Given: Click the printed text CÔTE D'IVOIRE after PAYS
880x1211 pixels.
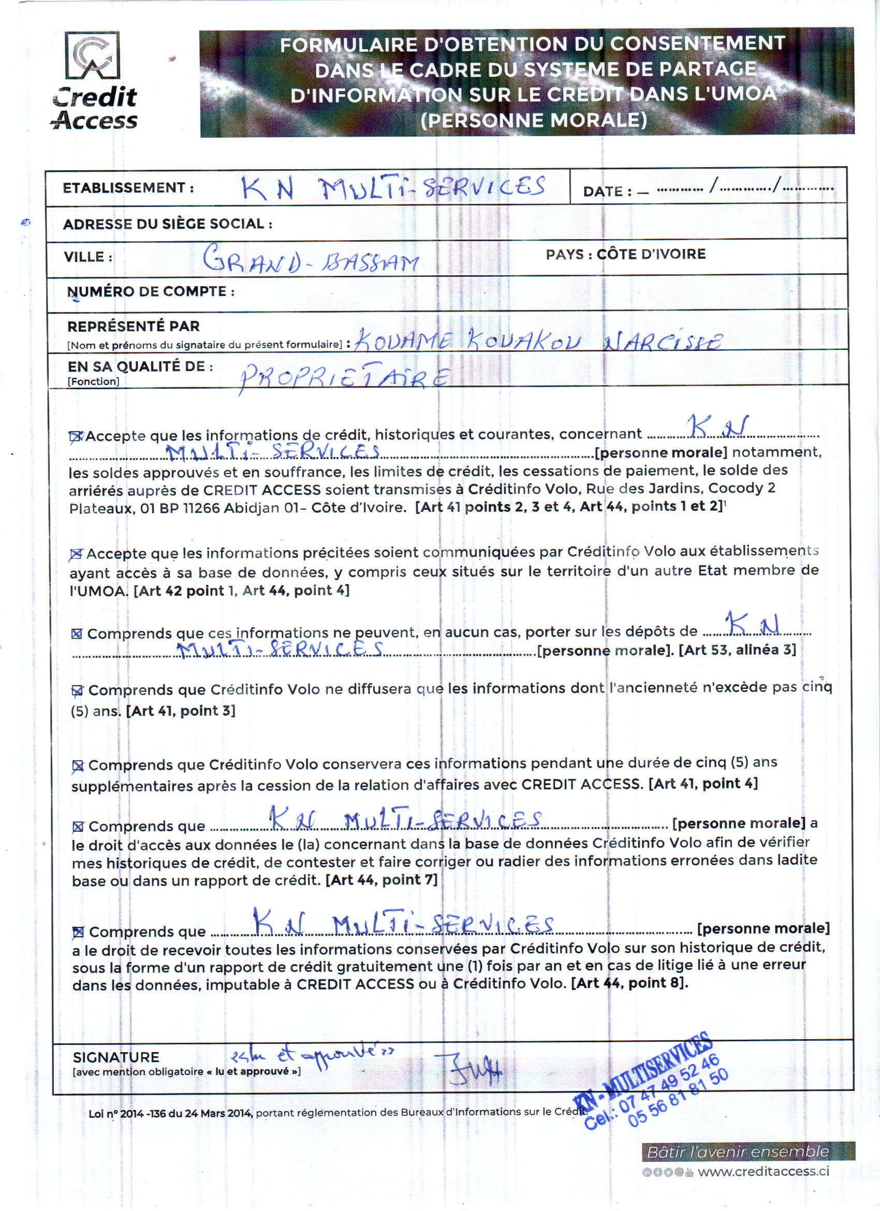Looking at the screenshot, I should tap(651, 254).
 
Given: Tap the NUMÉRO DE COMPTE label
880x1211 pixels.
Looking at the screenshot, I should tap(151, 291).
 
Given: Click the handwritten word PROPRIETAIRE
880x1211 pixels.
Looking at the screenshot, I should tap(344, 378).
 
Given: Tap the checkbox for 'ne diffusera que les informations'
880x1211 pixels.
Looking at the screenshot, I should tap(78, 691).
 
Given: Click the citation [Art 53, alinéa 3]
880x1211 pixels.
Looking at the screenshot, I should tap(737, 650).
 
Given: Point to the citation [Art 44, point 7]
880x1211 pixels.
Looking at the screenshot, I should tap(382, 879).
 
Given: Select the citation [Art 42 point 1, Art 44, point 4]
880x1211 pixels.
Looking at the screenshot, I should tap(241, 590).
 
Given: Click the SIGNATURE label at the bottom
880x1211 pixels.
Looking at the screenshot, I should tap(116, 1057).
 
